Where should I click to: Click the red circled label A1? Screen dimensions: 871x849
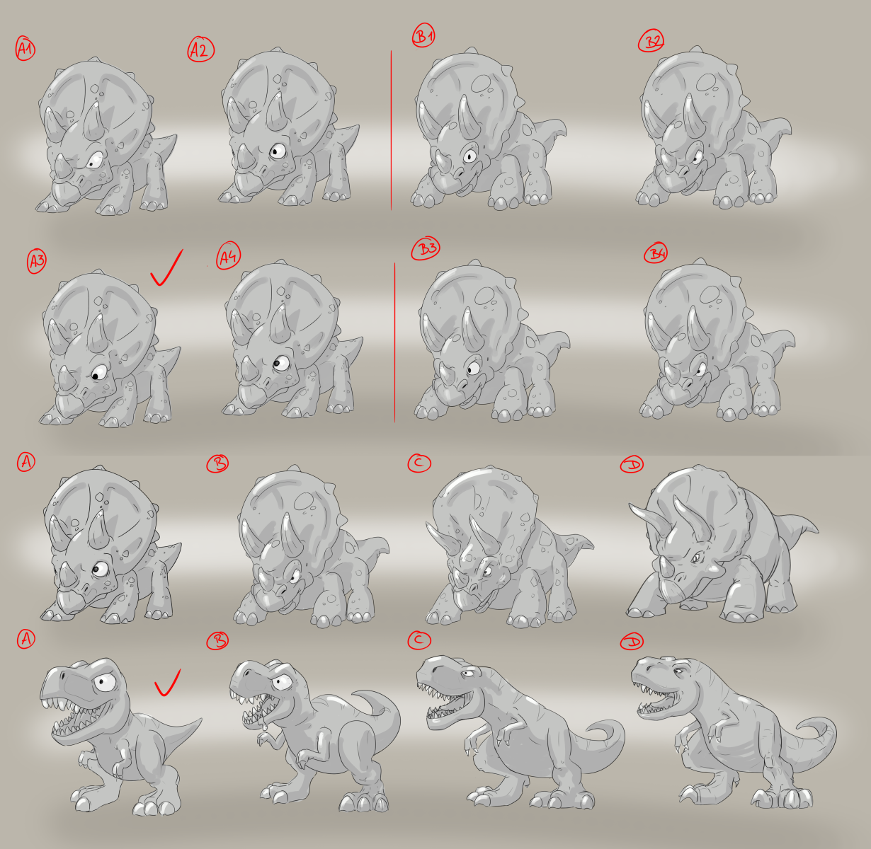click(25, 48)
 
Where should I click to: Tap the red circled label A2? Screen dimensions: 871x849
click(200, 50)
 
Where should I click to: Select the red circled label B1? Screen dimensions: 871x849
click(423, 35)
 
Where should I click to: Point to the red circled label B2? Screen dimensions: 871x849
click(651, 41)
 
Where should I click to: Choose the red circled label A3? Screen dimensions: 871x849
click(37, 261)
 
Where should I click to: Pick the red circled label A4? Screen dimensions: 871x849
click(228, 255)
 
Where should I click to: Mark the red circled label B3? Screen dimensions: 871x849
click(425, 248)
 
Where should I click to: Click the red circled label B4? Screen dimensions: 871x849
click(656, 253)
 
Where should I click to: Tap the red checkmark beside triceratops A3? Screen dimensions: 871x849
click(166, 268)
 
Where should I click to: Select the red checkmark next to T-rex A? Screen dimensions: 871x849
click(167, 683)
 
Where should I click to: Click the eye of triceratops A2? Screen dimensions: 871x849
click(278, 151)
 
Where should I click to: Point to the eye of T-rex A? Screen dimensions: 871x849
click(106, 682)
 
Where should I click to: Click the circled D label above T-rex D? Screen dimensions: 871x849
click(632, 642)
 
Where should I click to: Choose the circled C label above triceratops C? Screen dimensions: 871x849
click(419, 463)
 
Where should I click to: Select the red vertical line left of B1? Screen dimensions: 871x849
click(391, 130)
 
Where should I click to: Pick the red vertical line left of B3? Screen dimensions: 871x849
click(394, 342)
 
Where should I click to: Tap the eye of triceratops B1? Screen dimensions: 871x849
click(470, 156)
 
